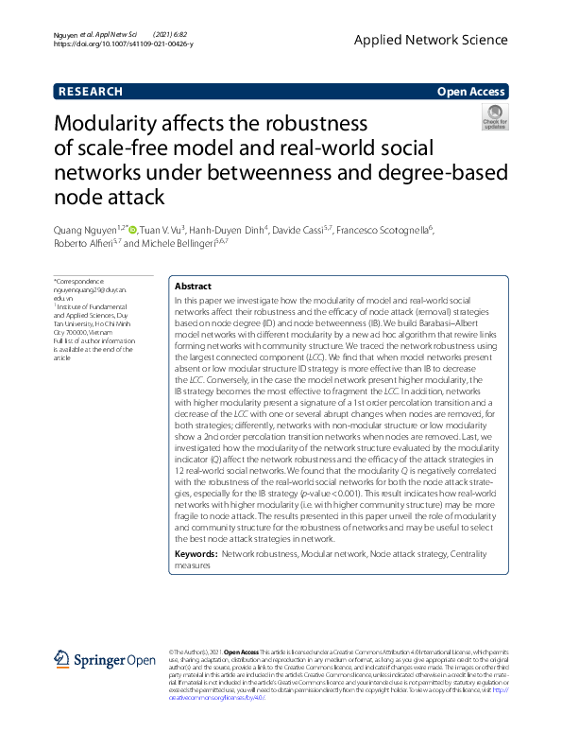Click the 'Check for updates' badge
[495, 118]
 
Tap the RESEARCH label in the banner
[91, 92]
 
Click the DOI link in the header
[124, 43]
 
